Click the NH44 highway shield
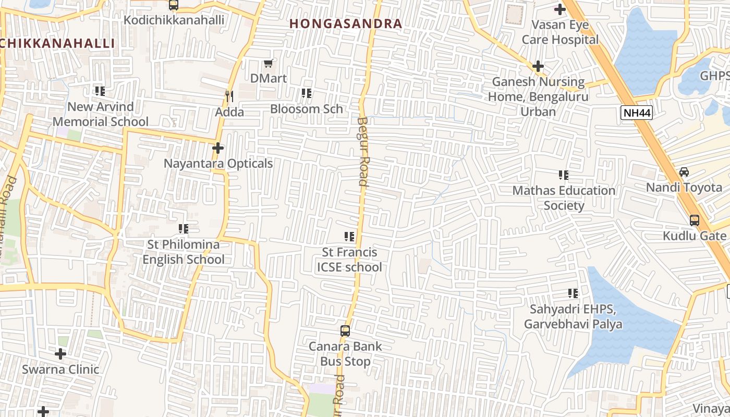637,113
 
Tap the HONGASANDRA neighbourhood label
346,23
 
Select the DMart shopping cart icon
269,64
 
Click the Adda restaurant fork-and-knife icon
228,96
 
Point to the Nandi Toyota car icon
684,172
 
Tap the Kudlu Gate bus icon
695,220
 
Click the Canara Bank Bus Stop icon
345,330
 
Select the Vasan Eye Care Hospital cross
560,9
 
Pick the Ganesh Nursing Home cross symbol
538,66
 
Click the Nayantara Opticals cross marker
218,148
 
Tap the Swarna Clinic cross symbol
60,354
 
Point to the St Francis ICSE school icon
349,237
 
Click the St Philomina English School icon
184,229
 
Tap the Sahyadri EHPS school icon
573,293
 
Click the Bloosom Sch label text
307,108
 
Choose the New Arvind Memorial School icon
100,91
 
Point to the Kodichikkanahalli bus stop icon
174,5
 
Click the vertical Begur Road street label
363,151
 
